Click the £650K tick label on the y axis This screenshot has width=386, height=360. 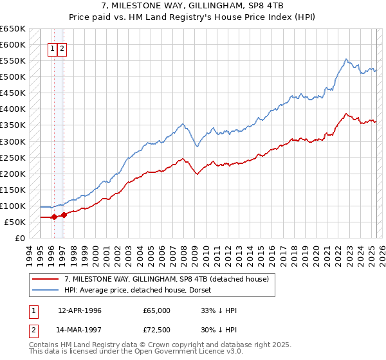click(x=13, y=29)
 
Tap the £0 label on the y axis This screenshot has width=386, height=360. click(x=20, y=239)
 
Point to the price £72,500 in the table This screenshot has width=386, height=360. click(x=157, y=330)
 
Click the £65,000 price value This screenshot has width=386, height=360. click(x=157, y=310)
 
